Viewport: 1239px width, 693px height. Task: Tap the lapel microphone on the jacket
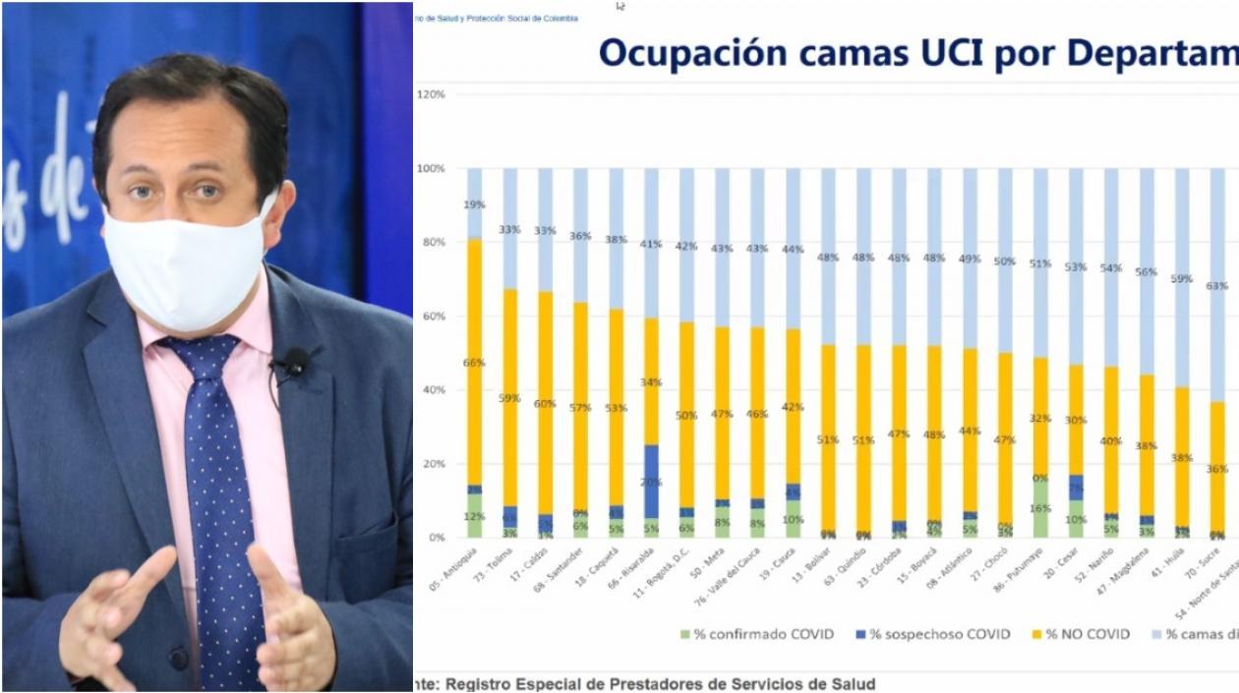(x=293, y=364)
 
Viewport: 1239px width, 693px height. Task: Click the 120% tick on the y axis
(x=431, y=94)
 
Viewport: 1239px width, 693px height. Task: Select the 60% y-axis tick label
(x=433, y=317)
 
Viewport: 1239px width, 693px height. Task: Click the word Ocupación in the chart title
(x=692, y=53)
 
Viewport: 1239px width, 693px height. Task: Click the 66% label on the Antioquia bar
(x=474, y=363)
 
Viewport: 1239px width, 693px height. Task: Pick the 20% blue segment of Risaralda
(x=651, y=481)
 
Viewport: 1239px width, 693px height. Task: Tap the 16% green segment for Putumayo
(x=1039, y=509)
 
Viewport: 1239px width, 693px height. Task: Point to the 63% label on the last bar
(x=1217, y=286)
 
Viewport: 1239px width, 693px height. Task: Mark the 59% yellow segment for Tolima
(x=509, y=398)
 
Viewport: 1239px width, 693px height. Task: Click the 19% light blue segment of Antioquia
(x=474, y=204)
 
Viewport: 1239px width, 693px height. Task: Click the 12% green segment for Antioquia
(x=474, y=516)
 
